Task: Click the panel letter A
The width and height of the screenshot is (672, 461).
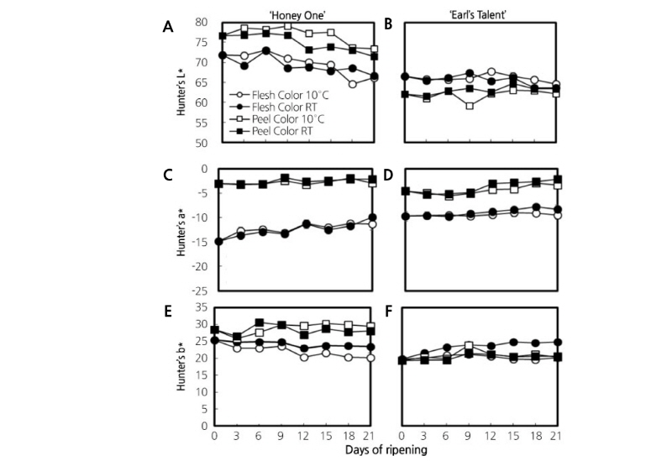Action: tap(168, 27)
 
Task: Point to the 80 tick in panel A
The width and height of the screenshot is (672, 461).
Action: tap(201, 23)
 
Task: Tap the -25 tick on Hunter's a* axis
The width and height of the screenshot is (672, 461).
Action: tap(198, 291)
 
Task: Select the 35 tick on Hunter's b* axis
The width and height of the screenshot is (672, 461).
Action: tap(201, 308)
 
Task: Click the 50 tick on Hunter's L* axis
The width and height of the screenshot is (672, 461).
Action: tap(201, 143)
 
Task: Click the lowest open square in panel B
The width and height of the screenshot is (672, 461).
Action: tap(470, 106)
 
